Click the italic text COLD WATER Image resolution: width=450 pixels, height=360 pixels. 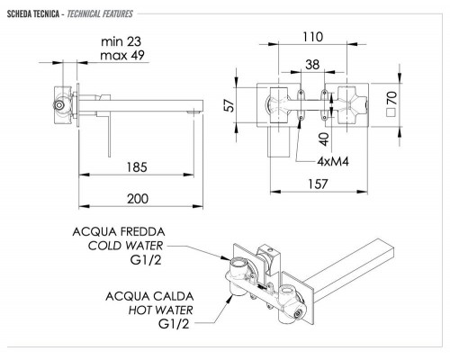tap(131, 247)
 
